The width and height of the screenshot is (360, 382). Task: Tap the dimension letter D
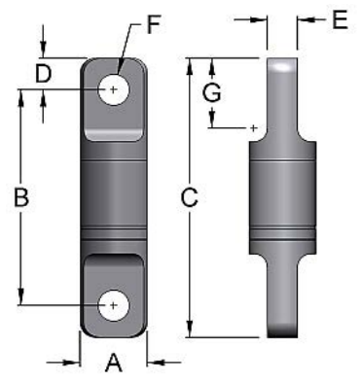[x=43, y=73]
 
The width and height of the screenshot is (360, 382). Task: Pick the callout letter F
[x=152, y=23]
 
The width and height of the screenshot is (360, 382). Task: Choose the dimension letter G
[x=209, y=92]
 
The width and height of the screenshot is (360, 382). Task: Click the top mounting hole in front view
[x=115, y=89]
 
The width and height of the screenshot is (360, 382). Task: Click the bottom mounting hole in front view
[x=115, y=304]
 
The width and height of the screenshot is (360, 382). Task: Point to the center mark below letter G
[x=253, y=127]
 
